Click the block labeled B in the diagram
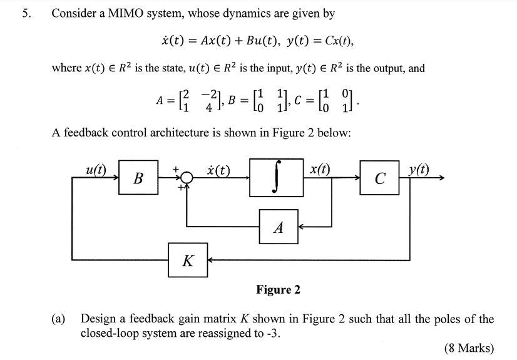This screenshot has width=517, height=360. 138,178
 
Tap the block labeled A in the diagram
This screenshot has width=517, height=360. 279,228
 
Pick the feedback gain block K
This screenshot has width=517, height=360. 187,260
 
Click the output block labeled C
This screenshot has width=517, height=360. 379,178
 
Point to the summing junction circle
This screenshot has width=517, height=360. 186,178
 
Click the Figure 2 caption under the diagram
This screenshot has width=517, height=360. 278,289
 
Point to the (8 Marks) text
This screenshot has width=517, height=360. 468,348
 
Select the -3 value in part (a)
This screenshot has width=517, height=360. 272,332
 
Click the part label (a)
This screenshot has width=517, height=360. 58,319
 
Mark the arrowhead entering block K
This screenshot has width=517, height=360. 211,260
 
